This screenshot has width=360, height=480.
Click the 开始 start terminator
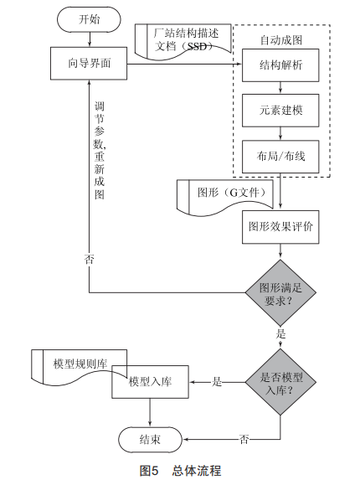89,19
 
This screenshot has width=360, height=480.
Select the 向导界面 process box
89,64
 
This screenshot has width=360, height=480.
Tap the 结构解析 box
280,65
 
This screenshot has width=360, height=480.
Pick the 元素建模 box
280,111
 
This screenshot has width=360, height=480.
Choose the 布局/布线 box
280,157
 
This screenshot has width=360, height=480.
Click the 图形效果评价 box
280,227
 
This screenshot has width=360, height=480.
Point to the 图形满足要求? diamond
280,293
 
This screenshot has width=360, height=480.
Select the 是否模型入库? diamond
280,382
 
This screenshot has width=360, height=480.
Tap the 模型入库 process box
150,382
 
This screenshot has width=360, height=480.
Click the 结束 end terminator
150,440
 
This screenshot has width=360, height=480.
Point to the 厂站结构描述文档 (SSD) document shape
183,42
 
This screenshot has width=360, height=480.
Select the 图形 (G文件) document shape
225,198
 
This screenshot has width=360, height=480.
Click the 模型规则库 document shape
79,367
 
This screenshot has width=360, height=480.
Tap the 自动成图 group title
281,40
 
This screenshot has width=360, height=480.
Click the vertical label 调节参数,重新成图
99,151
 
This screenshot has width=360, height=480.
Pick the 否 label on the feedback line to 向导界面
89,259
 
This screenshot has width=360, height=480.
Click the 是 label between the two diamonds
280,333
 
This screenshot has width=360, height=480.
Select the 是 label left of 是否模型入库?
217,382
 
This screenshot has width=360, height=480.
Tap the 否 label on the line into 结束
244,440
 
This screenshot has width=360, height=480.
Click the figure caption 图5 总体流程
180,471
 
